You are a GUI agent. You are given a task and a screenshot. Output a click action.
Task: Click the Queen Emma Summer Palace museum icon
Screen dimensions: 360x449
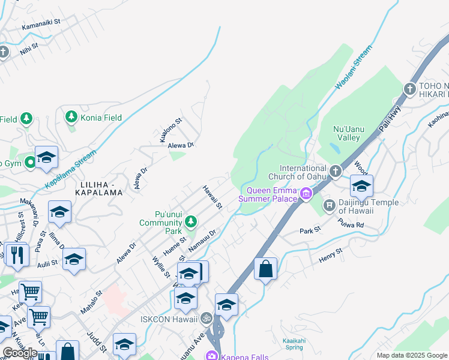306,193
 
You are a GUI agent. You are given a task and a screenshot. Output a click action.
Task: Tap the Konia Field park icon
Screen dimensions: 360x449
72,116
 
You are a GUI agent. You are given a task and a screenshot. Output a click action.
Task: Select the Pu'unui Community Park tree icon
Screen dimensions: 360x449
191,222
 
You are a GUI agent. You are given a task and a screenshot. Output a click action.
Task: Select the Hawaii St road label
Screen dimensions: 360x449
212,197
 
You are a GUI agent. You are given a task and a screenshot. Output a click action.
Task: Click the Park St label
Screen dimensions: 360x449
310,230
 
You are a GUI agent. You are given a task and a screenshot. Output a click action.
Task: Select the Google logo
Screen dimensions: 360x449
20,352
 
